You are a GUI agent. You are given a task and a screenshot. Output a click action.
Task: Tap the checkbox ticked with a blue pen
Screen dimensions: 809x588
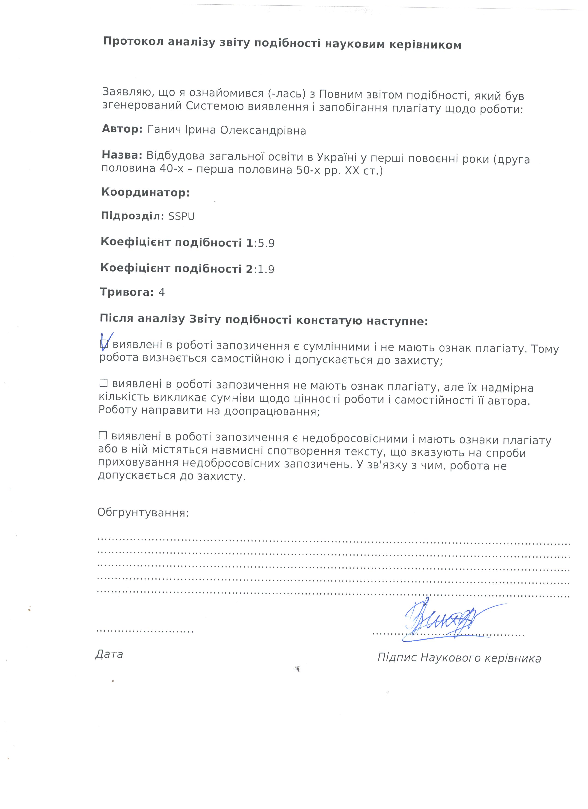[104, 344]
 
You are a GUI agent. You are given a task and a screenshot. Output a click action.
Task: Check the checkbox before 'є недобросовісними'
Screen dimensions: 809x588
[103, 435]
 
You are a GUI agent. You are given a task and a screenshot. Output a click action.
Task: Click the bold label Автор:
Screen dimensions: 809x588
[122, 129]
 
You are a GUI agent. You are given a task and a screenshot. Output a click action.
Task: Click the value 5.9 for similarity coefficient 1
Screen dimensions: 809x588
[266, 243]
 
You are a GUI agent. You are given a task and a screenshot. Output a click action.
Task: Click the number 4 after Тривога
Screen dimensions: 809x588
[162, 292]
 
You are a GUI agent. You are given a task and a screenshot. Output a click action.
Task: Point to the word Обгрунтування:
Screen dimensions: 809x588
[143, 513]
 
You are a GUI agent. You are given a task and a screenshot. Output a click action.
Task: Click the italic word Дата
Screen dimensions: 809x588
[109, 654]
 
